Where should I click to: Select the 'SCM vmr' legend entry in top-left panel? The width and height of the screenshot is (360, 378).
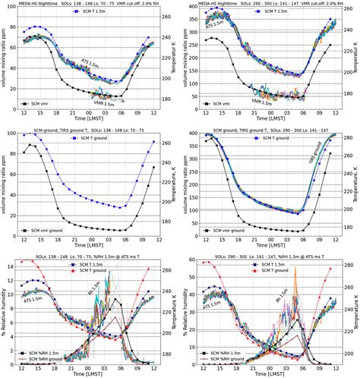click(46, 102)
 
